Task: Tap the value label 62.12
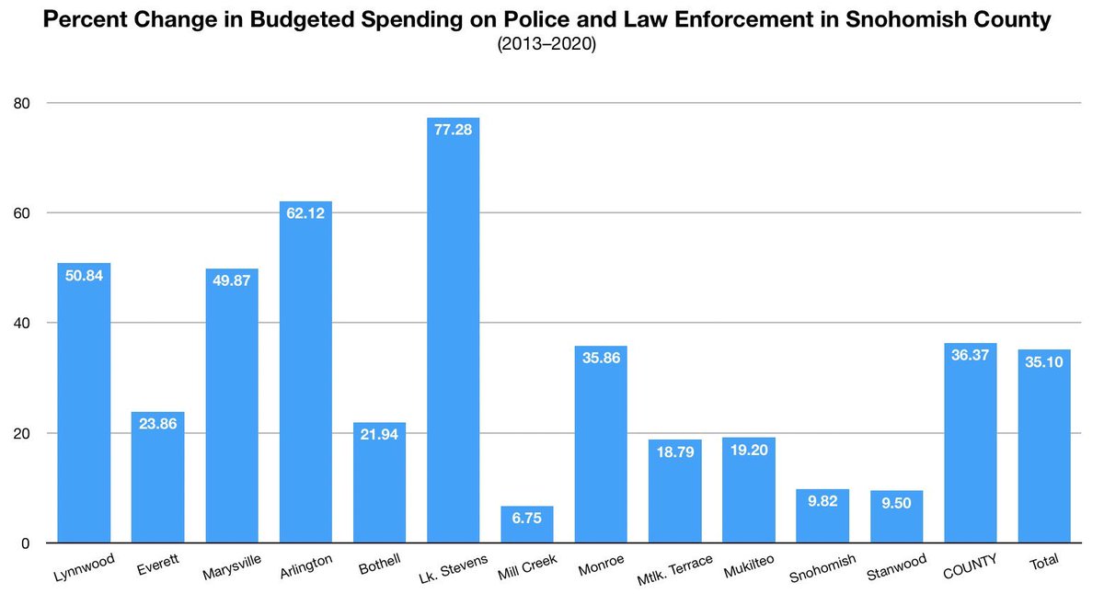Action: (x=305, y=213)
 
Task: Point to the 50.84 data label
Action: (x=84, y=275)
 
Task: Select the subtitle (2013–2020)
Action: (x=546, y=43)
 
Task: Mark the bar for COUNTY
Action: (x=970, y=451)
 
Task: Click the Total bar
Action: (x=1043, y=451)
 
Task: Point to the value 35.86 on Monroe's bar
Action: (x=600, y=358)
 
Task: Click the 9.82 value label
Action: (x=822, y=501)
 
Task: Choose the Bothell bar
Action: (x=379, y=483)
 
